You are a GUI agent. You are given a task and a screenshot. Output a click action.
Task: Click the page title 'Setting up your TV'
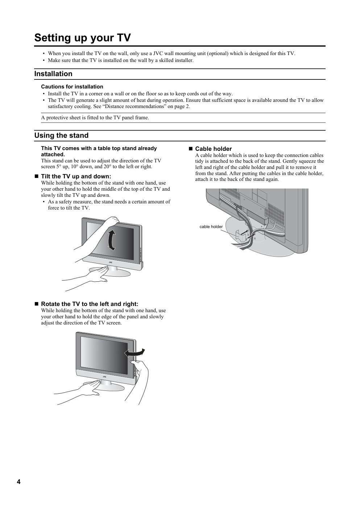[83, 38]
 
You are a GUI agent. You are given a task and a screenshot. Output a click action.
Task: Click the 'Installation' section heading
[53, 74]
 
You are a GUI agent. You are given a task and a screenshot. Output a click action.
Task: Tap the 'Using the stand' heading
[61, 136]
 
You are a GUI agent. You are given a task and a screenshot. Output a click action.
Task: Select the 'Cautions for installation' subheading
[72, 87]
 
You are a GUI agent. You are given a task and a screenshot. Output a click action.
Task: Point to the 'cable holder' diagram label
[211, 227]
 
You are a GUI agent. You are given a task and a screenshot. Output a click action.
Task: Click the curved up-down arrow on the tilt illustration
[111, 240]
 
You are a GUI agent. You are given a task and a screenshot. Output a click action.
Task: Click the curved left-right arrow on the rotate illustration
[135, 352]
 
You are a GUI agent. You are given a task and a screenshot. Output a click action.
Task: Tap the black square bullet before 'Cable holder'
[190, 149]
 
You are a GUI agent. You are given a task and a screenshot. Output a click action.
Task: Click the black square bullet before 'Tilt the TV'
[36, 176]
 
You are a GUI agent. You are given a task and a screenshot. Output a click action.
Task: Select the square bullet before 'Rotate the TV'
[36, 304]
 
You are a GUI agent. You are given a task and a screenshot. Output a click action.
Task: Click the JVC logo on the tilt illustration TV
[111, 262]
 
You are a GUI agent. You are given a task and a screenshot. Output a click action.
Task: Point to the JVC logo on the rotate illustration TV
[104, 377]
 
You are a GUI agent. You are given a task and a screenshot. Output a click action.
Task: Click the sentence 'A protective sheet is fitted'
[95, 118]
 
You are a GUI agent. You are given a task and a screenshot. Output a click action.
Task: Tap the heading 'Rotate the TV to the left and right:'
[90, 304]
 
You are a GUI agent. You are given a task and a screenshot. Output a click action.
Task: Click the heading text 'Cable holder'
[214, 149]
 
